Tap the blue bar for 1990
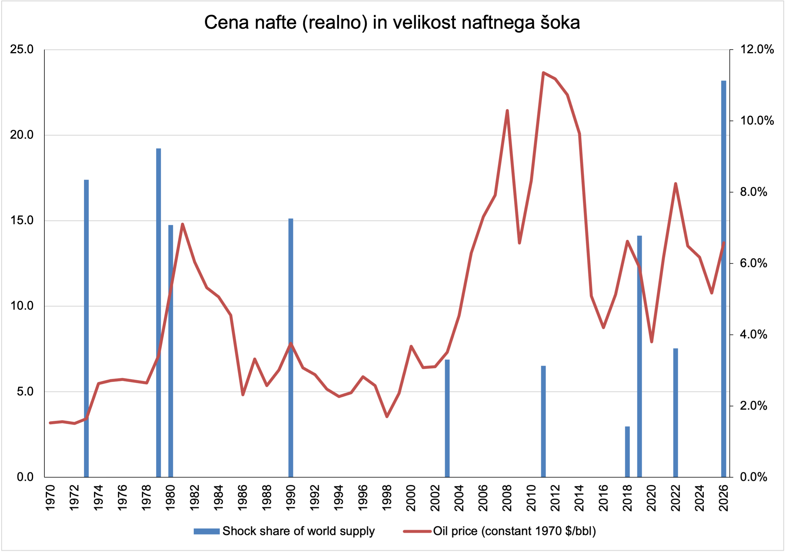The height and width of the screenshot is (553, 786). point(291,347)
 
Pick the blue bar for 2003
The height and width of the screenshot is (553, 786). point(447,418)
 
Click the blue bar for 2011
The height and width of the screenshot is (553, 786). point(543,421)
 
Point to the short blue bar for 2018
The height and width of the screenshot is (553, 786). point(627,452)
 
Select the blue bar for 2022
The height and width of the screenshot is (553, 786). point(675,413)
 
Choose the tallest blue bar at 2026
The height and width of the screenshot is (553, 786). point(724,279)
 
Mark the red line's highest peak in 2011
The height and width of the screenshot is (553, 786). point(543,72)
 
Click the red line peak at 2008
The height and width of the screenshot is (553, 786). point(507,111)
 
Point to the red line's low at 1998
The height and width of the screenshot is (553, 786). point(387,416)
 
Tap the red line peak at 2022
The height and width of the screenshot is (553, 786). point(675,184)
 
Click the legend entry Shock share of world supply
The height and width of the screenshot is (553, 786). point(298,531)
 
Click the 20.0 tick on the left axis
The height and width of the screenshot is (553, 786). point(22,135)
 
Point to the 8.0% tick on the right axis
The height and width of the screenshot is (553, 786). point(753,192)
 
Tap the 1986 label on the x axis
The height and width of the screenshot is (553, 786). point(243,497)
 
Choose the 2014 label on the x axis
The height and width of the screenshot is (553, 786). point(579,497)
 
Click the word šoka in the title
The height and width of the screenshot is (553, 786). point(560,22)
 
